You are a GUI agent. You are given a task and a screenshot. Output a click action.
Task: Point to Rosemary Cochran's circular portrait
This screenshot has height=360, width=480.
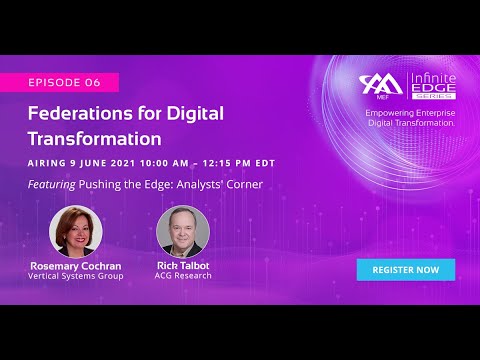click(76, 232)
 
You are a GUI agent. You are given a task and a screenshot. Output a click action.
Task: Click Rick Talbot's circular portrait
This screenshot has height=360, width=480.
click(182, 232)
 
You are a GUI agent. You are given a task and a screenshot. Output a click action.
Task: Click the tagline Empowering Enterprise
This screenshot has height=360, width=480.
click(412, 113)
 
